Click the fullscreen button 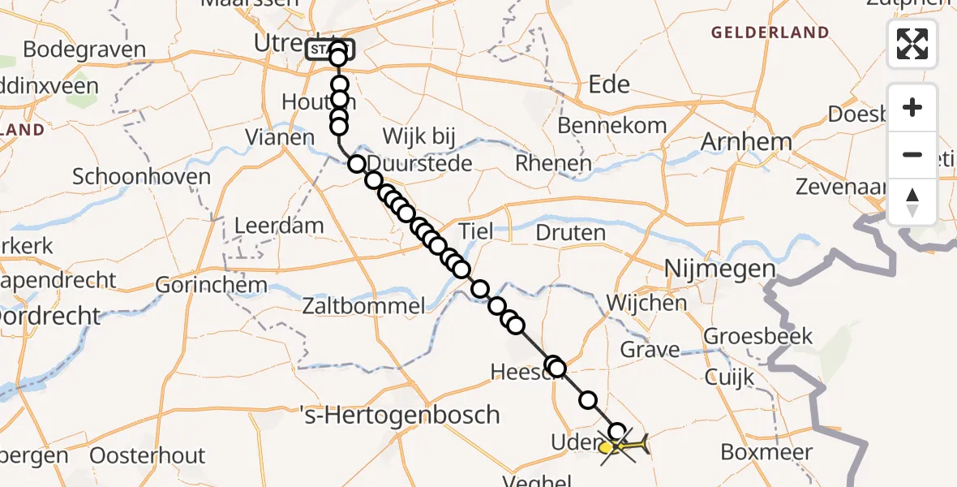(912, 44)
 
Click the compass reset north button (912, 202)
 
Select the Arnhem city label (745, 142)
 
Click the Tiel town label (475, 231)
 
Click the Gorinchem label (211, 285)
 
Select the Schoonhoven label (142, 176)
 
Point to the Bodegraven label (84, 49)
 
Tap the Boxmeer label (766, 452)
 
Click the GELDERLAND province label (770, 33)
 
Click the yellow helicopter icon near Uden (624, 446)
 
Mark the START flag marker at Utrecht (329, 50)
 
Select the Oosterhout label (148, 455)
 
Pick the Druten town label (571, 233)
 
